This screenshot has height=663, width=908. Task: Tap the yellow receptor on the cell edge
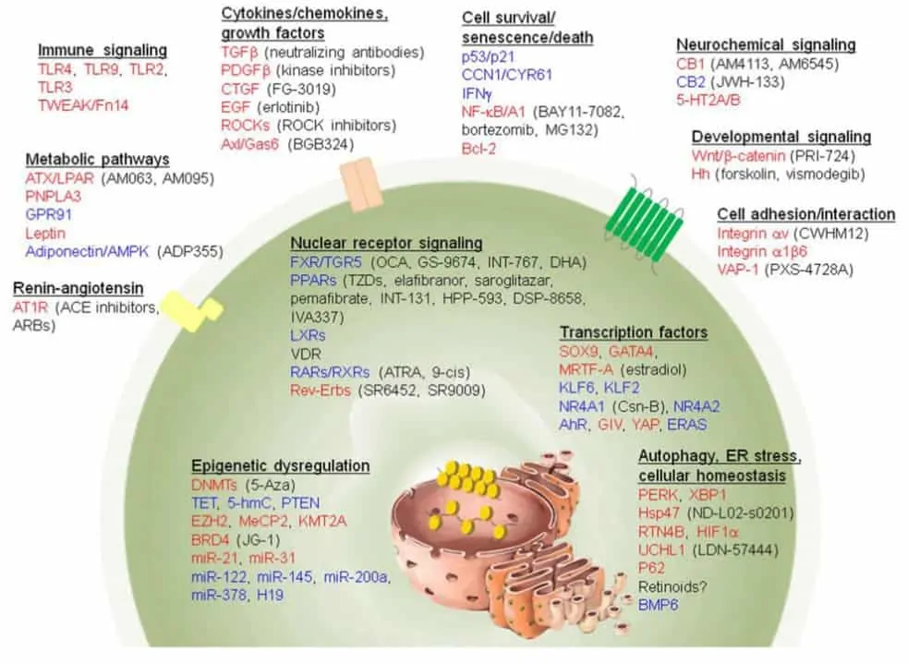pyautogui.click(x=192, y=310)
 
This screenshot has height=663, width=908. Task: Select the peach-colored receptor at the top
pyautogui.click(x=359, y=185)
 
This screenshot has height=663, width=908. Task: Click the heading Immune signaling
pyautogui.click(x=103, y=51)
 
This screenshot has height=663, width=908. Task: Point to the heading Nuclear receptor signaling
pyautogui.click(x=386, y=243)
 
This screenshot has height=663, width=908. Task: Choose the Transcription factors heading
pyautogui.click(x=634, y=332)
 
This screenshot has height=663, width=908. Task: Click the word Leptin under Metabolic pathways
pyautogui.click(x=45, y=234)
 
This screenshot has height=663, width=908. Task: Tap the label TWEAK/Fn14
pyautogui.click(x=83, y=105)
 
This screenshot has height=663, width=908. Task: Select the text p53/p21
pyautogui.click(x=488, y=56)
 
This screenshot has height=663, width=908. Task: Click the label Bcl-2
pyautogui.click(x=478, y=149)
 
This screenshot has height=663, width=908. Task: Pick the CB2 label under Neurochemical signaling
pyautogui.click(x=690, y=82)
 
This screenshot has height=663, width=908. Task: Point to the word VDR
pyautogui.click(x=306, y=354)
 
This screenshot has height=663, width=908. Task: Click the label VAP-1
pyautogui.click(x=737, y=270)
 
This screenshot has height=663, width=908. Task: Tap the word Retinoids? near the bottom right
pyautogui.click(x=672, y=586)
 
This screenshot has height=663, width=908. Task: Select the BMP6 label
pyautogui.click(x=658, y=605)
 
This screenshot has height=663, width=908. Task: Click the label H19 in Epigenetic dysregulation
pyautogui.click(x=271, y=595)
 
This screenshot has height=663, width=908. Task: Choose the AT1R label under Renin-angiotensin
pyautogui.click(x=30, y=307)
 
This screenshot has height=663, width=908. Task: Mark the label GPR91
pyautogui.click(x=49, y=215)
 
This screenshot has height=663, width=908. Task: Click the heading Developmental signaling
pyautogui.click(x=781, y=138)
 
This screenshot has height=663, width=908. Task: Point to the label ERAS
pyautogui.click(x=687, y=425)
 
